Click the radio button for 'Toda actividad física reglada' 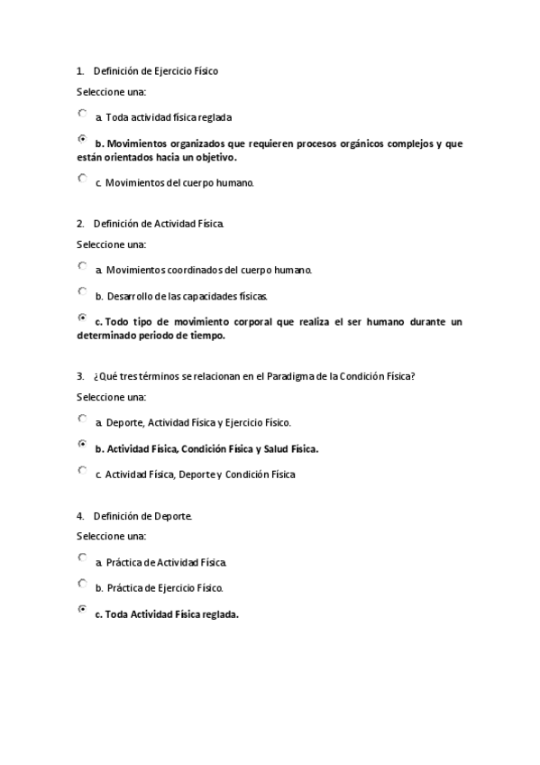tap(83, 114)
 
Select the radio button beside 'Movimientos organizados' tap(83, 140)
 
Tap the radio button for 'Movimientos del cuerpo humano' tap(83, 179)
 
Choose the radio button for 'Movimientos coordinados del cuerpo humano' tap(83, 266)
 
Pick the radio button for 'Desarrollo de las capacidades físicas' tap(83, 292)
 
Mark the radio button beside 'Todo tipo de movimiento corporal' tap(83, 318)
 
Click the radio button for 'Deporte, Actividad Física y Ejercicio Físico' tap(83, 419)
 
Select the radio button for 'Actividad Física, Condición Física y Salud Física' tap(83, 445)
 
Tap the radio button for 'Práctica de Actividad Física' tap(83, 558)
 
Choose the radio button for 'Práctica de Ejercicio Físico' tap(83, 584)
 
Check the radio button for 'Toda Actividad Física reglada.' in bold tap(83, 610)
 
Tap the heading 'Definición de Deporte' tap(142, 516)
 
